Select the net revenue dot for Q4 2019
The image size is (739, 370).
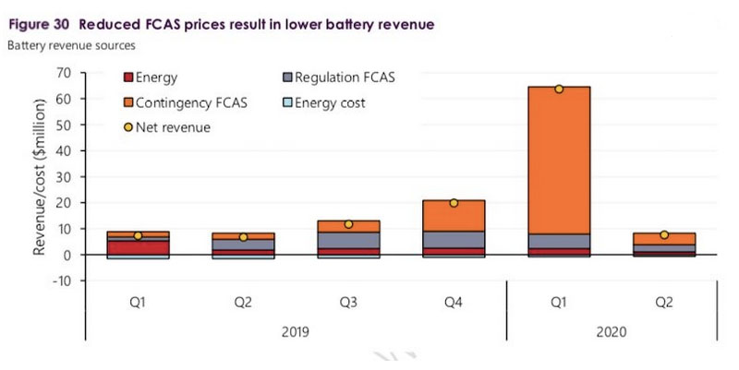tap(454, 203)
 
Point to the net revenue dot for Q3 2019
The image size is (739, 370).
tap(348, 224)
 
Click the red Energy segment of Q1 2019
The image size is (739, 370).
tap(137, 247)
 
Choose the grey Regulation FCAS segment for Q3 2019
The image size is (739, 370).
tap(348, 240)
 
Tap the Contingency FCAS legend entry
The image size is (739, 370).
tap(181, 102)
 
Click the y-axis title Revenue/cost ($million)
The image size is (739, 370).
tap(40, 176)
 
